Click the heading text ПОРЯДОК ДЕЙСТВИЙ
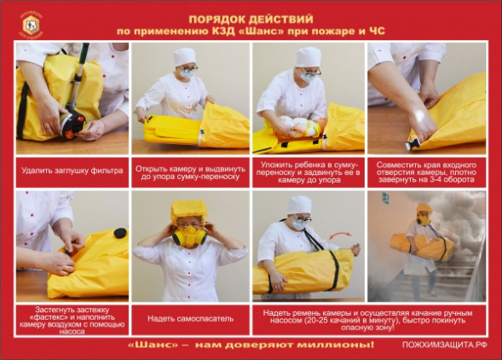(x=252, y=17)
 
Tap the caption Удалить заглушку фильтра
(x=72, y=171)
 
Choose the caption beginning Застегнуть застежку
(x=72, y=318)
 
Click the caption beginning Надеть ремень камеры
(x=368, y=318)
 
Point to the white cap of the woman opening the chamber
(x=184, y=56)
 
